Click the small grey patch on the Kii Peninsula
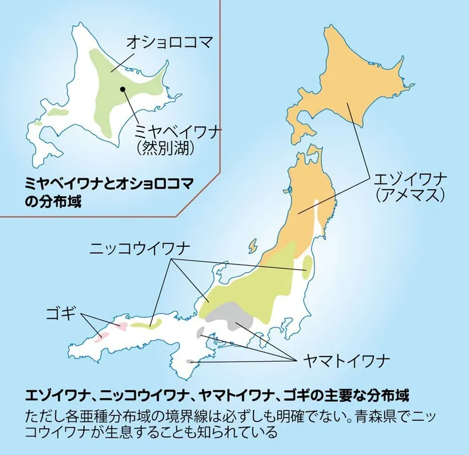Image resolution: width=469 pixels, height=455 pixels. pyautogui.click(x=190, y=361)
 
